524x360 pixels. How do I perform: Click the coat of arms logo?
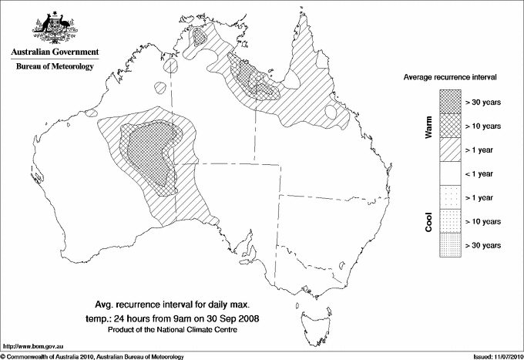pyautogui.click(x=53, y=25)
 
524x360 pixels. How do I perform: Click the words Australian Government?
pyautogui.click(x=54, y=52)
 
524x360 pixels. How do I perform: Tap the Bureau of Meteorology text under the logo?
pyautogui.click(x=55, y=67)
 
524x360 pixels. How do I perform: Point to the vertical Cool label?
pyautogui.click(x=428, y=221)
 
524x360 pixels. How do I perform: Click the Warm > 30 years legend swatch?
pyautogui.click(x=449, y=101)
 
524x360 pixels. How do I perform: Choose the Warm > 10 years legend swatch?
pyautogui.click(x=449, y=125)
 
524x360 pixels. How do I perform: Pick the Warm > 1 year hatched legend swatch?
pyautogui.click(x=449, y=149)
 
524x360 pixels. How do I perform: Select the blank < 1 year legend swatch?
pyautogui.click(x=449, y=173)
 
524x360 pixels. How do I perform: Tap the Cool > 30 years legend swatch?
pyautogui.click(x=449, y=245)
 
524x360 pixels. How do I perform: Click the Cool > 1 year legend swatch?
pyautogui.click(x=449, y=197)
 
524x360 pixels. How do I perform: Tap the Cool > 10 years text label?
pyautogui.click(x=484, y=221)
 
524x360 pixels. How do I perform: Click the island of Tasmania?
pyautogui.click(x=315, y=318)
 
